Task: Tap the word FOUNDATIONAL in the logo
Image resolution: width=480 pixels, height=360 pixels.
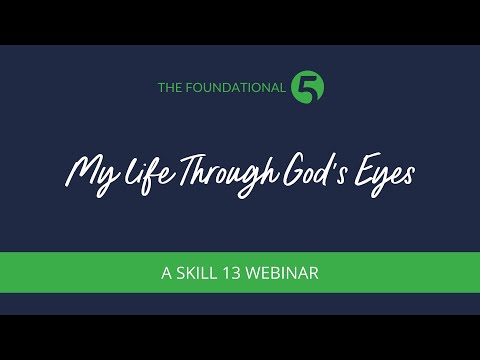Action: tap(236, 88)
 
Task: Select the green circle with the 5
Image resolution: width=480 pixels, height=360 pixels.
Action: tap(306, 86)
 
